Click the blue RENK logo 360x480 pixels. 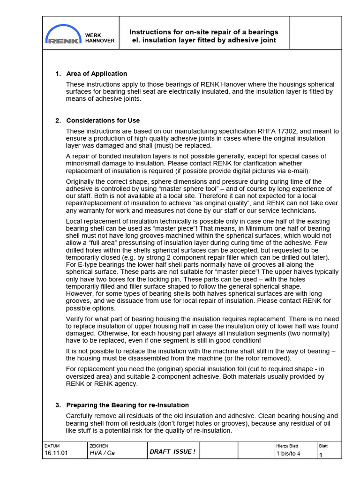tap(64, 34)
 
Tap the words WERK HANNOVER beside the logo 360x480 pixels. tap(99, 38)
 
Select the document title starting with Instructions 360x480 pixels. tap(204, 36)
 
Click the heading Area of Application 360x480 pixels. tap(97, 74)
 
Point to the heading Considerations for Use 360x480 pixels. tap(103, 120)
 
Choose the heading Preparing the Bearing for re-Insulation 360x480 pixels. tap(127, 405)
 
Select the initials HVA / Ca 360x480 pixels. tap(102, 454)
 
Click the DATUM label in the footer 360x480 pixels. tap(52, 446)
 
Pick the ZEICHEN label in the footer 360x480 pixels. tap(98, 446)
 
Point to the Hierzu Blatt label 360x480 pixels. tap(287, 446)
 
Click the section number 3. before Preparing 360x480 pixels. tap(58, 405)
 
